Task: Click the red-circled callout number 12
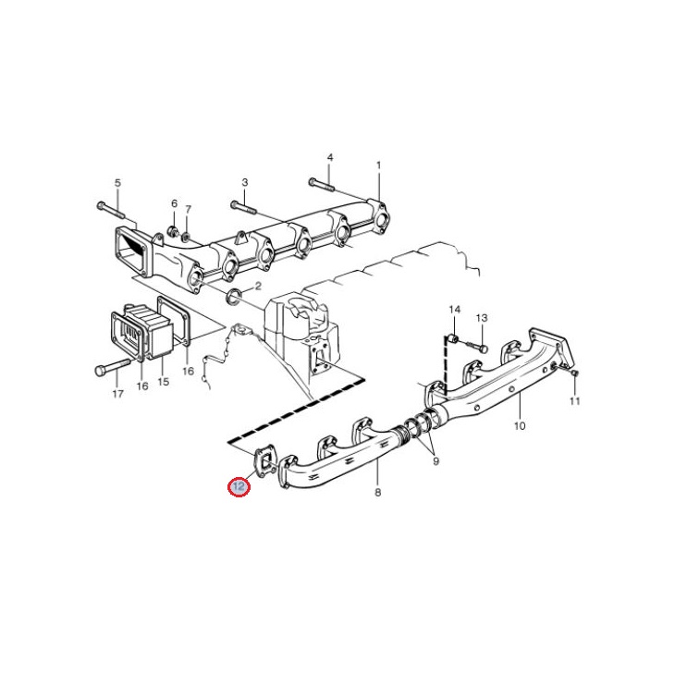point(239,486)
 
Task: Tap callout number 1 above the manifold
point(378,165)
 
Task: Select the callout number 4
point(330,157)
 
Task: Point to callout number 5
point(117,183)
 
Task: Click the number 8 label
point(377,492)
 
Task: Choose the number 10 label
point(520,425)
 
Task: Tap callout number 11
point(574,400)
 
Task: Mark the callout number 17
point(117,394)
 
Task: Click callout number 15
point(163,382)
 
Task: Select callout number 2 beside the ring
point(258,286)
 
